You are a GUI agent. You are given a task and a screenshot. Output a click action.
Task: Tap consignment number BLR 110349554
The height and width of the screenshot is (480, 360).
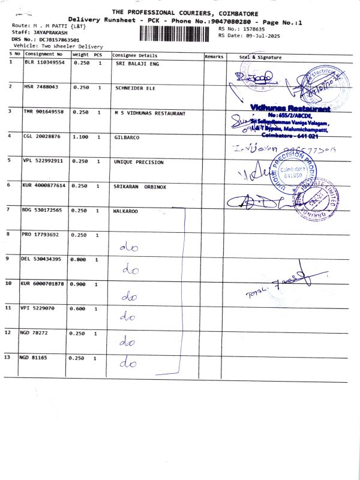tap(44, 62)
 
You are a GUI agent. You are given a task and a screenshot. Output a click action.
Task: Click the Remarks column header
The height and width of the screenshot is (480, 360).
tap(214, 56)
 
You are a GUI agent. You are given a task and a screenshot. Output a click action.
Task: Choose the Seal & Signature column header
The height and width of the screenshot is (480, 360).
tap(260, 57)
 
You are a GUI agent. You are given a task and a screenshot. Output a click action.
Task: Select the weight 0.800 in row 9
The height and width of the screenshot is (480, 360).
tap(79, 259)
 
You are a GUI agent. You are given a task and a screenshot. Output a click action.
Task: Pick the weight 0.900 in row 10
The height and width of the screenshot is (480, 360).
tap(79, 283)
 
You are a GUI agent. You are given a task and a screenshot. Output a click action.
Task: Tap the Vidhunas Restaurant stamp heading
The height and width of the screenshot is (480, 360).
tap(291, 109)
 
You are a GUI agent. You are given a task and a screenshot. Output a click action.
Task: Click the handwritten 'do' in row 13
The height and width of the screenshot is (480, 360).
tap(128, 363)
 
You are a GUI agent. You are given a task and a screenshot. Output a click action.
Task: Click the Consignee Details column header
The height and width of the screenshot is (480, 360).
tap(135, 55)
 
